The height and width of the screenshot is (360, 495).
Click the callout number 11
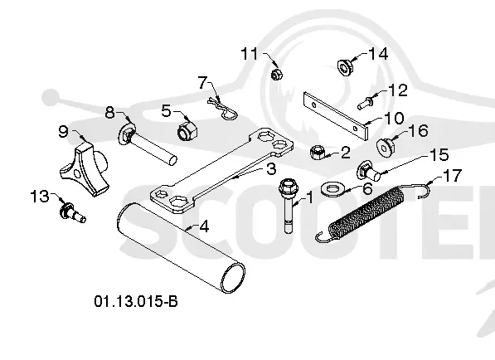(x=250, y=54)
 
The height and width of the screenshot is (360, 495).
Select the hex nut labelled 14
(x=345, y=67)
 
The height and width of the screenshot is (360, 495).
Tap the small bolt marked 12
(x=366, y=103)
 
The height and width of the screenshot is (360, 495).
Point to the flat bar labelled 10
(x=336, y=115)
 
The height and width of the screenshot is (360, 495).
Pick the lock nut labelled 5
(x=187, y=131)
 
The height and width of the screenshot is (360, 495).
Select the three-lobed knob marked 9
(x=85, y=168)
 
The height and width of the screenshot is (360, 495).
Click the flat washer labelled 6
(x=331, y=189)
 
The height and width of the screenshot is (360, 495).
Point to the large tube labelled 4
(x=181, y=248)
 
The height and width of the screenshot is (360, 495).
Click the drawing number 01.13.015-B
(x=136, y=301)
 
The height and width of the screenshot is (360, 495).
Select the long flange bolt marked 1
(x=288, y=206)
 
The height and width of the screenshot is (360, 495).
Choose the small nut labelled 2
(x=317, y=153)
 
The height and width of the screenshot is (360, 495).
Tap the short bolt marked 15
(x=368, y=172)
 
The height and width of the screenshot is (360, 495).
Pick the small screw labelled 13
(x=72, y=213)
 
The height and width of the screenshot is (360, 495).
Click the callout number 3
(x=271, y=169)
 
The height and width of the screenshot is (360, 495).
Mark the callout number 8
(x=109, y=113)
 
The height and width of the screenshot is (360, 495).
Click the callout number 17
(x=453, y=175)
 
